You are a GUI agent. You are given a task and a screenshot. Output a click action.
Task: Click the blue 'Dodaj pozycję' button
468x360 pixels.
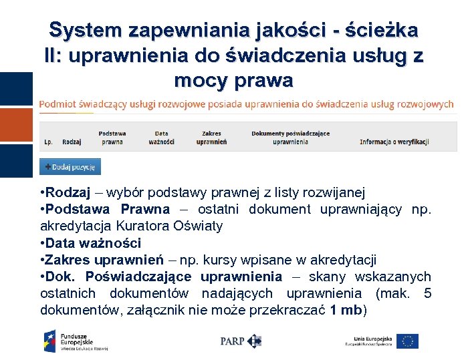70,166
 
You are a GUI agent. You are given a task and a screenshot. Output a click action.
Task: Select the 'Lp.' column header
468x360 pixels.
49,142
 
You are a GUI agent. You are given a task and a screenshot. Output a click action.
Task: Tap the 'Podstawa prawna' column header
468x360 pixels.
112,138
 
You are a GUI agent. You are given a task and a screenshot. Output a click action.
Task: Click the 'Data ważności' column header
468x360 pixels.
161,138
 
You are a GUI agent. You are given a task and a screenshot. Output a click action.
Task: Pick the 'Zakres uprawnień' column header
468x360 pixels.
211,138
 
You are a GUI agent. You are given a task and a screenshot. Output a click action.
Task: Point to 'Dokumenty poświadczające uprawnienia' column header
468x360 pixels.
290,138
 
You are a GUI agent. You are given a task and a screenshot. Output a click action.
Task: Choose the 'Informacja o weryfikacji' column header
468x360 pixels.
394,142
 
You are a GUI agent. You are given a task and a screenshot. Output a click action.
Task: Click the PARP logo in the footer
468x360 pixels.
241,341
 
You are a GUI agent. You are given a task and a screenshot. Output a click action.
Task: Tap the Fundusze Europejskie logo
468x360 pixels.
75,341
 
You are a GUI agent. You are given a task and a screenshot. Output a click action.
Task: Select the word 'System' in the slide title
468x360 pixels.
84,30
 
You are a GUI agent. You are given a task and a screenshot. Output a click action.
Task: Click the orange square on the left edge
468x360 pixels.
16,124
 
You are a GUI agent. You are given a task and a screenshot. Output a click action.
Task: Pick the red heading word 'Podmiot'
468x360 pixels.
58,104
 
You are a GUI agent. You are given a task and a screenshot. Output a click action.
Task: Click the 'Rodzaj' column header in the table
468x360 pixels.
72,142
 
